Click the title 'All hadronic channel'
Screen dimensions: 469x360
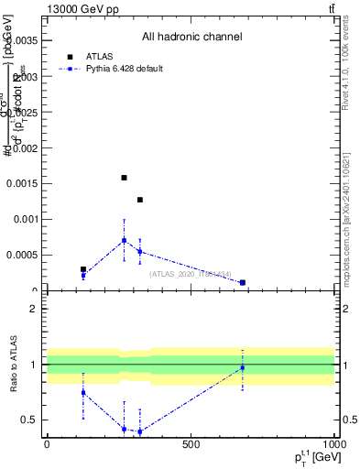(191, 37)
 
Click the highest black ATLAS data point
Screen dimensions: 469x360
(124, 178)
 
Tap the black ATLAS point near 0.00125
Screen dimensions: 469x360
(140, 200)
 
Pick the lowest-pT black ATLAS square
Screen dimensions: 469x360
(83, 269)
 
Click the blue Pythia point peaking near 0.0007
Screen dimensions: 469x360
(124, 241)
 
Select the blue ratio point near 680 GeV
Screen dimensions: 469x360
(242, 368)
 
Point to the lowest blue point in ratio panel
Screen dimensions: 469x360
(140, 431)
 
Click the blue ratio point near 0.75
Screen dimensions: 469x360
(83, 392)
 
